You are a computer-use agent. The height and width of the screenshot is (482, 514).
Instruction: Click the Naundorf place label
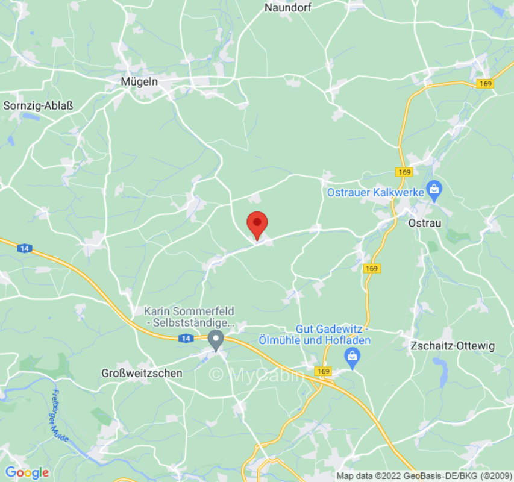(x=287, y=8)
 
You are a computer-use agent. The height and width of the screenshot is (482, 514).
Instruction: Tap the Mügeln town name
(x=139, y=82)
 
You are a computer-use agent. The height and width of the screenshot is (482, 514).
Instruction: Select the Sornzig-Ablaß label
(x=38, y=106)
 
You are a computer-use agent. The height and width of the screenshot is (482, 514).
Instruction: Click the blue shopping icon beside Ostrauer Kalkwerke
(x=434, y=190)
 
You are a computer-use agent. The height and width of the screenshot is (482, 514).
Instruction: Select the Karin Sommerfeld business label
(x=189, y=317)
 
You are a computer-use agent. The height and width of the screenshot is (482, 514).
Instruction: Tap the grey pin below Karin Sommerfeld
(x=215, y=340)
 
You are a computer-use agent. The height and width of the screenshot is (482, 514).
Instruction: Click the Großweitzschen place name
(x=142, y=373)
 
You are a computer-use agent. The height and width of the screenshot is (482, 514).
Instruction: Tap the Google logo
(x=27, y=472)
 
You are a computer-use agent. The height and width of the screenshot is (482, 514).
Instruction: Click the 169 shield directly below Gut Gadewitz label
(x=324, y=371)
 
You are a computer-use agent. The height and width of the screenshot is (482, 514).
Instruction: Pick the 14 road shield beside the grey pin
(x=186, y=340)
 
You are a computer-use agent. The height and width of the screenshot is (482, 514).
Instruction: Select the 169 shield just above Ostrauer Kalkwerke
(x=404, y=172)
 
